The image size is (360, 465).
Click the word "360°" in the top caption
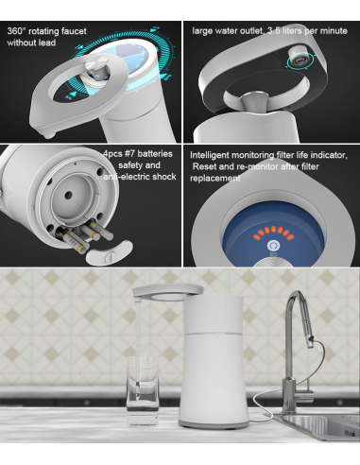click(16, 31)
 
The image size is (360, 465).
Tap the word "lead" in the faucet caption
click(47, 43)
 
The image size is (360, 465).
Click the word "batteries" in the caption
click(155, 154)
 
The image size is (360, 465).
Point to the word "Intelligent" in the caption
click(210, 155)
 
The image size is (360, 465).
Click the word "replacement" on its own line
click(214, 179)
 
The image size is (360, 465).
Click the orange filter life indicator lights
click(274, 232)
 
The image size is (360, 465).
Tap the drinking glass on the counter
click(143, 391)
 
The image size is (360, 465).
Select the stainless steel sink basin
click(318, 427)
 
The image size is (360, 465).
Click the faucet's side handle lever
click(308, 393)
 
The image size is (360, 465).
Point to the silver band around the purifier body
click(214, 333)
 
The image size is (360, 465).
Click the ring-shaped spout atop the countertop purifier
click(168, 291)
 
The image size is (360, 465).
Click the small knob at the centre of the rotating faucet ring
click(97, 67)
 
